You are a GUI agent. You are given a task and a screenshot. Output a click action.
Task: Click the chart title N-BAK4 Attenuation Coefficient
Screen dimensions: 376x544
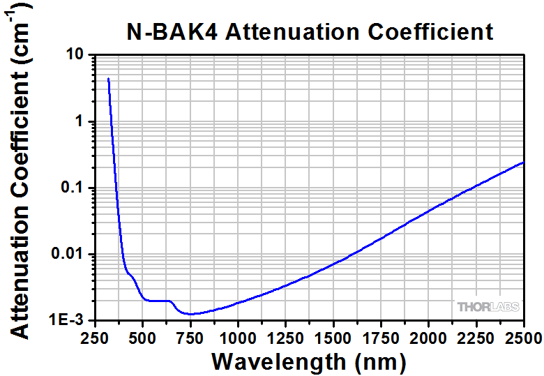(x=309, y=31)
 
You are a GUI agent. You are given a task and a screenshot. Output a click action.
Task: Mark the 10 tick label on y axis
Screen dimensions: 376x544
(x=74, y=55)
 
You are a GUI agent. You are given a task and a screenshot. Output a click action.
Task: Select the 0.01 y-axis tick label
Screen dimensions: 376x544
(x=67, y=254)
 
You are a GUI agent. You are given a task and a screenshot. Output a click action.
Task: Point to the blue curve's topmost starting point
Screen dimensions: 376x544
(x=108, y=79)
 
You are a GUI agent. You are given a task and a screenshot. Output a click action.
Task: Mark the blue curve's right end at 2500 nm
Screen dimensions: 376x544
(x=523, y=163)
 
